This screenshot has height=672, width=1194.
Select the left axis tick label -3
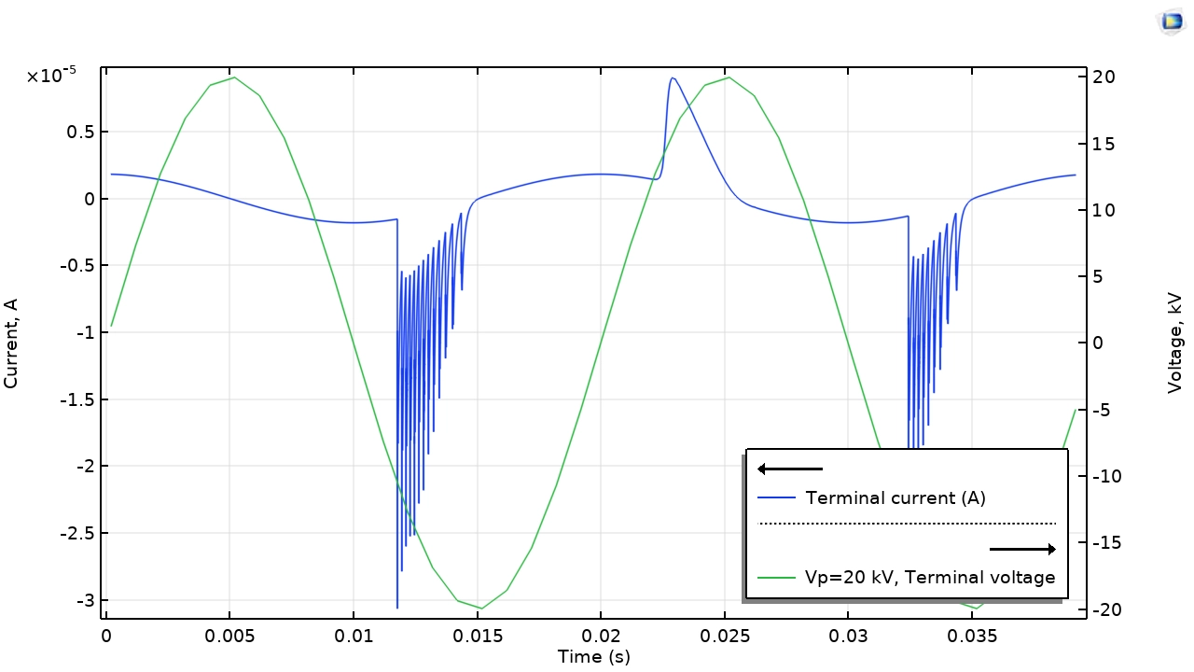[84, 600]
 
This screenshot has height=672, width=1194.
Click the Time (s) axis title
[593, 657]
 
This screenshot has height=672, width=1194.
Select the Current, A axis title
[11, 343]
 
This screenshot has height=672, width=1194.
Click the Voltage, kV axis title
[1175, 343]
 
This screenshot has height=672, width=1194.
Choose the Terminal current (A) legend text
[895, 497]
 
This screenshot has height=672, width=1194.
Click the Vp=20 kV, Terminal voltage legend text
[930, 578]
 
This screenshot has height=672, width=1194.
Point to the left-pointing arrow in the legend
[789, 469]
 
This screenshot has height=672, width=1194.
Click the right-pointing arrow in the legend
[1022, 549]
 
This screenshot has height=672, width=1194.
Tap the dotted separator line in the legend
[908, 524]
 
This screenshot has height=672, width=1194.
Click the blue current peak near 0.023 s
[673, 78]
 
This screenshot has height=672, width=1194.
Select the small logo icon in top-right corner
[1171, 21]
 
